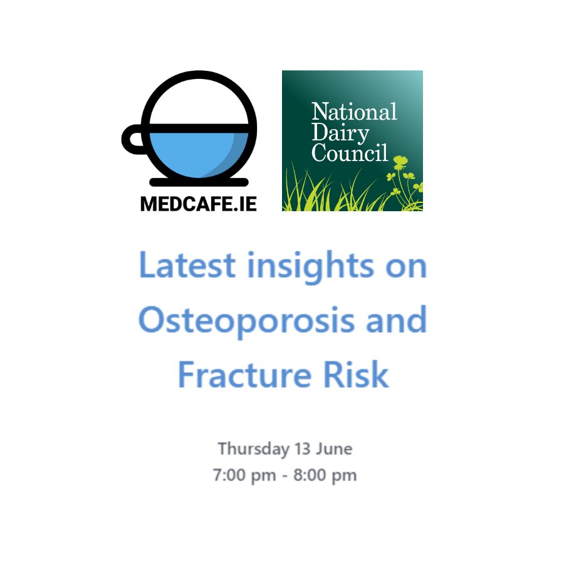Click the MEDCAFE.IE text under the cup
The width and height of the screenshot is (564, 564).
pyautogui.click(x=198, y=204)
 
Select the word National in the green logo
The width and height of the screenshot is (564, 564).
pyautogui.click(x=354, y=112)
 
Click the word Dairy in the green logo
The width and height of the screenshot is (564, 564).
pyautogui.click(x=340, y=132)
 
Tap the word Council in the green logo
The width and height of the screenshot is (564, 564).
pyautogui.click(x=350, y=152)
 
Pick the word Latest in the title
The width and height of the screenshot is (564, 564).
pyautogui.click(x=187, y=266)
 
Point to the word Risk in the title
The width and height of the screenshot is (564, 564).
pyautogui.click(x=360, y=374)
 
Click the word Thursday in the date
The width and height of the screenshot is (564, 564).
pyautogui.click(x=245, y=449)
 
